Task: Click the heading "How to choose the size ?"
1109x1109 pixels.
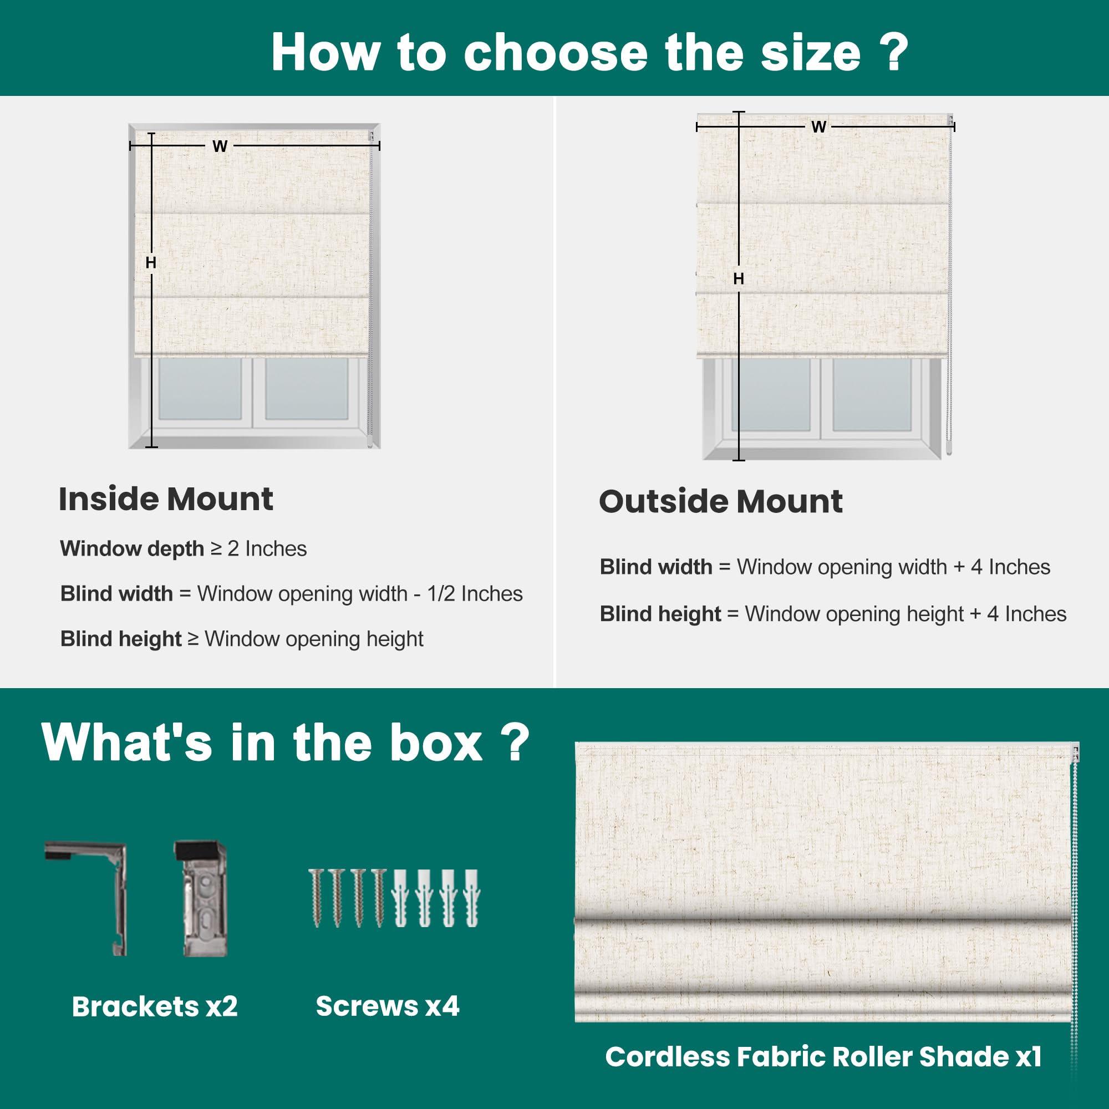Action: (x=590, y=52)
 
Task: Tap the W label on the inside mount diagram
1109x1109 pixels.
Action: (x=220, y=146)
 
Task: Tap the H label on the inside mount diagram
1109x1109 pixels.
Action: (x=151, y=262)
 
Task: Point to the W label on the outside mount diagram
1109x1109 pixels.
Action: (x=818, y=127)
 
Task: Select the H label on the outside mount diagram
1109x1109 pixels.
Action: (x=739, y=278)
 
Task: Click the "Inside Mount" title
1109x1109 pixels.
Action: (x=166, y=499)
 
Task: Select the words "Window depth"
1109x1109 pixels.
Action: (x=132, y=549)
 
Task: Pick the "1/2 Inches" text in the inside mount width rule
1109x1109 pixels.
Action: (x=475, y=593)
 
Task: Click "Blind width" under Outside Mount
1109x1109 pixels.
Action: (x=656, y=567)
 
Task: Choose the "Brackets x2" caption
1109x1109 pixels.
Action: (x=155, y=1006)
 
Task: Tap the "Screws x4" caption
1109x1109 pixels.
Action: (x=388, y=1006)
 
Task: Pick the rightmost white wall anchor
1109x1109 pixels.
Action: (x=471, y=898)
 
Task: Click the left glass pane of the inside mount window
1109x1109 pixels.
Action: (x=200, y=389)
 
